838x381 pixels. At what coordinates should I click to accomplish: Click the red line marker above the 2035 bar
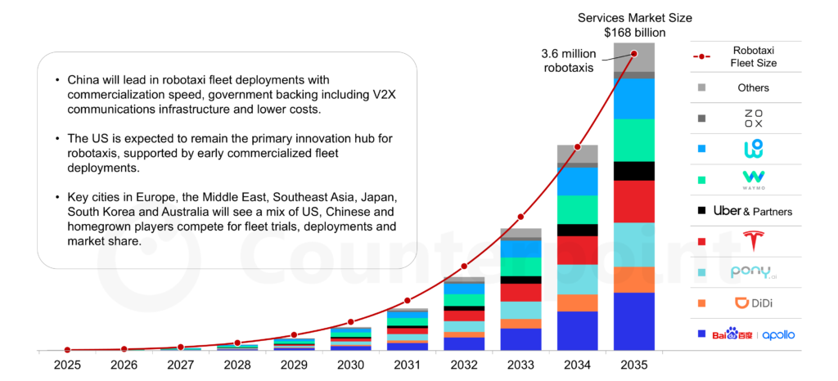click(634, 54)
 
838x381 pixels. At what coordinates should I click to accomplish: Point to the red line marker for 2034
click(578, 147)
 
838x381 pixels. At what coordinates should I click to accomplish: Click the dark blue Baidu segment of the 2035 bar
click(634, 321)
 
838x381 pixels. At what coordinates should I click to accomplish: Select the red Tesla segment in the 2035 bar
click(634, 201)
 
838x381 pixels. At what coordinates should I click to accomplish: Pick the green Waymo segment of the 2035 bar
click(634, 140)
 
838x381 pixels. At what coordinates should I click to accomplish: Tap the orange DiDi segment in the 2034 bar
click(578, 303)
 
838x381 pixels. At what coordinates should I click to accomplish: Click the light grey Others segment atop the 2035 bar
click(634, 56)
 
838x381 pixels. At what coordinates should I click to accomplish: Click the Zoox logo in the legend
click(753, 119)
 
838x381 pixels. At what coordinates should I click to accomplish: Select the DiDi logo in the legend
click(753, 303)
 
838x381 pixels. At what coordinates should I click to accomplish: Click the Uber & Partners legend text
click(753, 211)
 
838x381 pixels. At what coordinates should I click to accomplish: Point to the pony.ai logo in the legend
click(753, 272)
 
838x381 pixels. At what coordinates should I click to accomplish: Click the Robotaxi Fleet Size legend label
click(753, 56)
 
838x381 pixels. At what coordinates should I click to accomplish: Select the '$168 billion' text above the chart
click(634, 32)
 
